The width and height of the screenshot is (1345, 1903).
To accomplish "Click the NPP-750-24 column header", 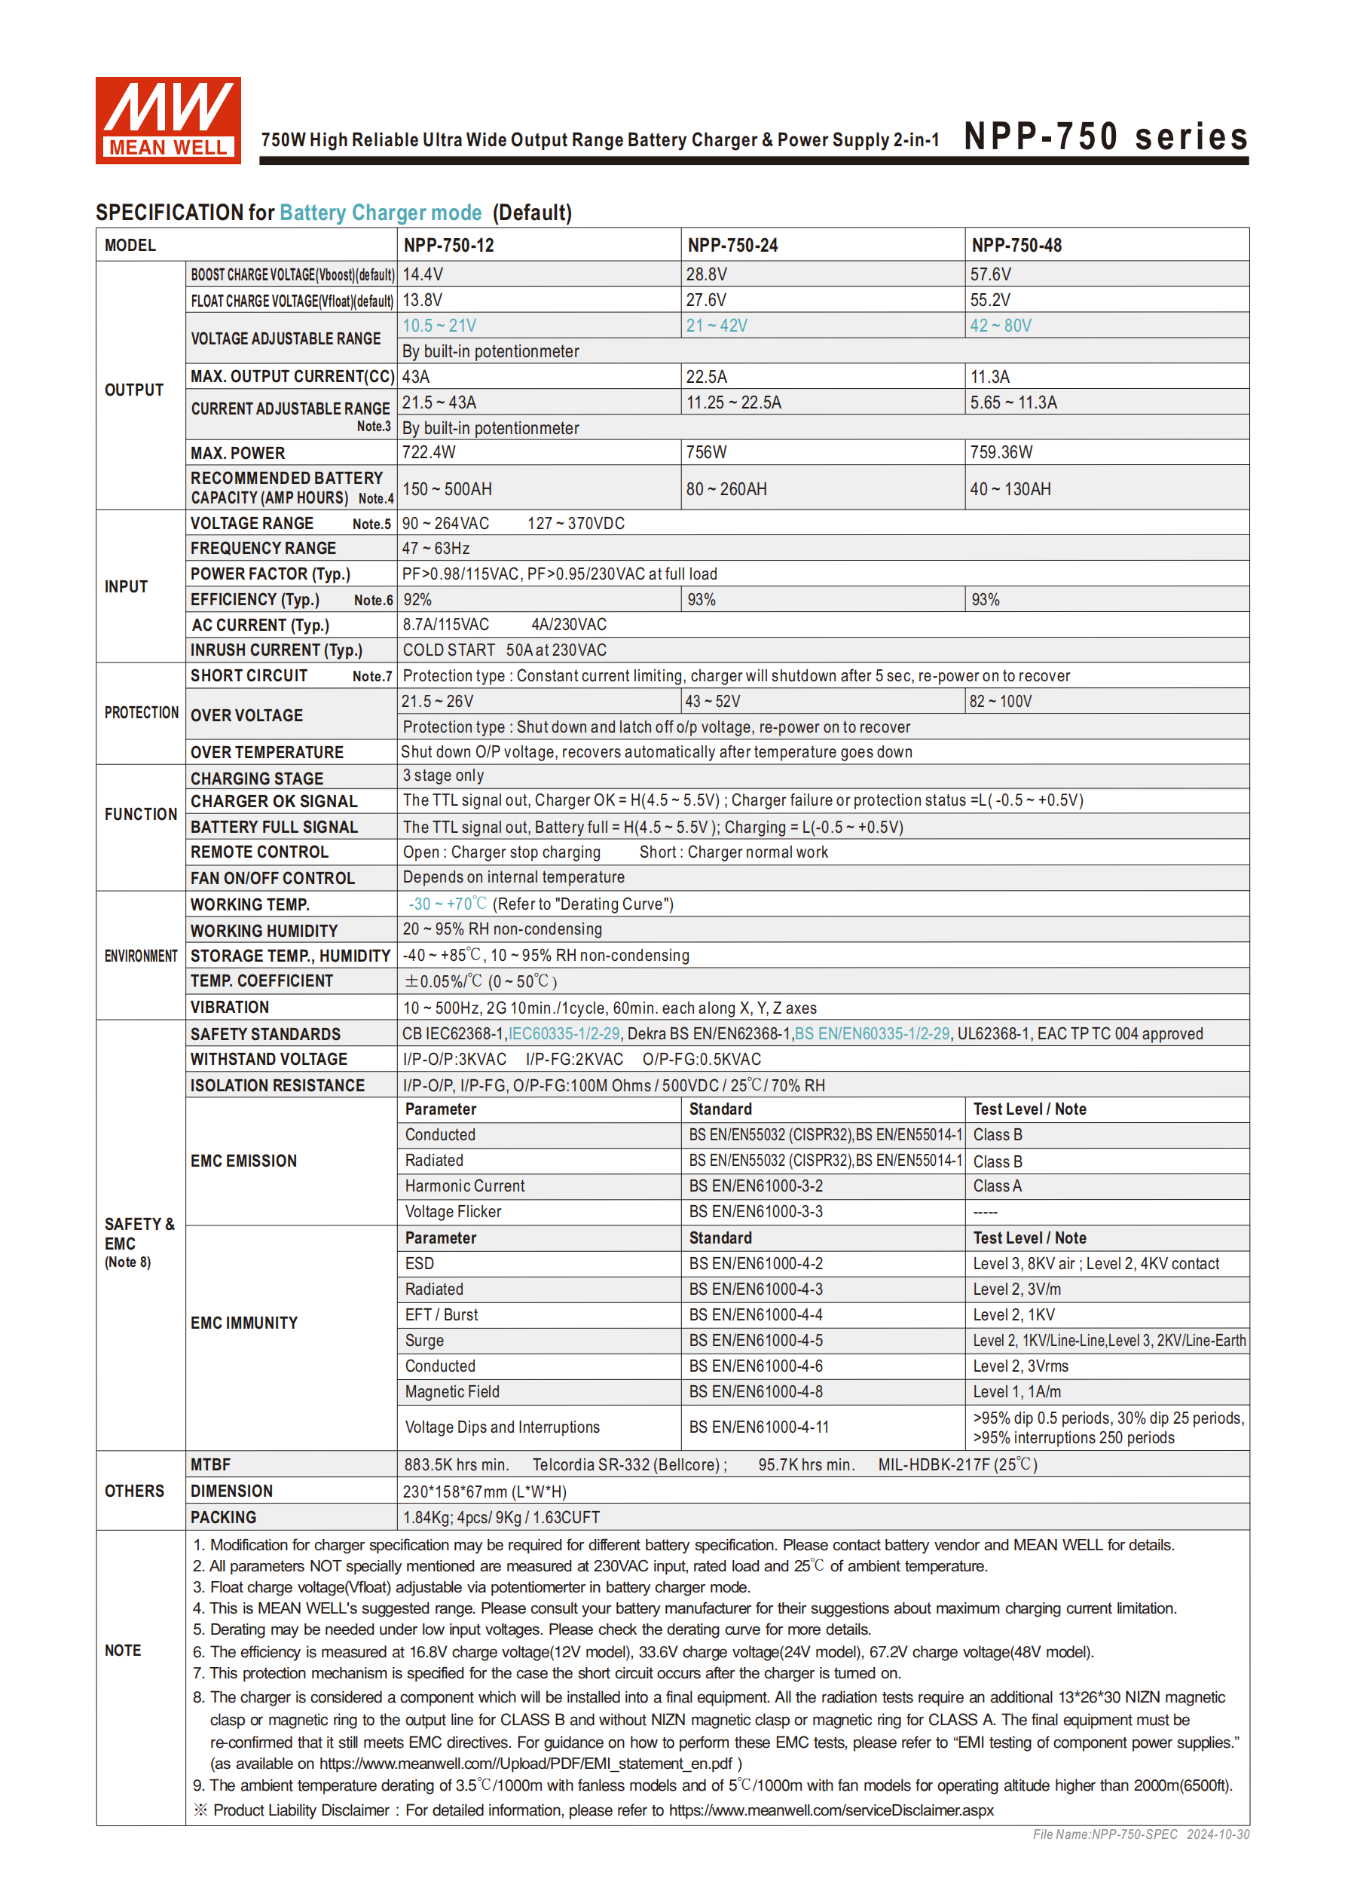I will [x=732, y=246].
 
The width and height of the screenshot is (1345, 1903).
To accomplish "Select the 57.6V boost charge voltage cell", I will [x=990, y=274].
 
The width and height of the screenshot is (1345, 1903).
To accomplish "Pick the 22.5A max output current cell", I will [x=706, y=377].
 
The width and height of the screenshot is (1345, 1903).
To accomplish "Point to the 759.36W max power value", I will [x=1001, y=452].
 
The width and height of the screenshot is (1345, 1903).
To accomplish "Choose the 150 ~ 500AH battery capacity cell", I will [x=448, y=489].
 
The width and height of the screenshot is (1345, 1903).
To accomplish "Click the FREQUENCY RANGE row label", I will [x=263, y=549].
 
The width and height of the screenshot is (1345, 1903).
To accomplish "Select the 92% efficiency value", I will [x=417, y=600].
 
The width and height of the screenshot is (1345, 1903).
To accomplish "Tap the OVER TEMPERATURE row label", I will [x=267, y=753].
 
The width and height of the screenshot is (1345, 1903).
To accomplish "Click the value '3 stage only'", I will [x=443, y=776].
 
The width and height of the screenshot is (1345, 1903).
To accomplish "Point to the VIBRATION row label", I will [x=230, y=1008].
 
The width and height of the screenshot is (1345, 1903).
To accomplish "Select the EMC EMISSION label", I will [x=243, y=1161].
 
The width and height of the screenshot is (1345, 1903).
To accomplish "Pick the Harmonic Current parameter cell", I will [x=465, y=1186].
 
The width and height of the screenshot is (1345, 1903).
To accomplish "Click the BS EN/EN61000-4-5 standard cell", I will [x=756, y=1340].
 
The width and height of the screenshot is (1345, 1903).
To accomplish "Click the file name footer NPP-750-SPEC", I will [x=1105, y=1834].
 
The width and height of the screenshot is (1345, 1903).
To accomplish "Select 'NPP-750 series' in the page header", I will [x=1105, y=136].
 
